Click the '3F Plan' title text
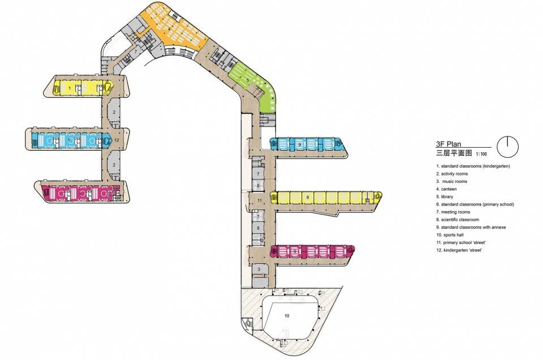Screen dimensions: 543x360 click(449, 144)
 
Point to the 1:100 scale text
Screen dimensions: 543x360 click(481, 154)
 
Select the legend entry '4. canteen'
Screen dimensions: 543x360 click(446, 189)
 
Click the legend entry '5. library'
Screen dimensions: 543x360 click(445, 197)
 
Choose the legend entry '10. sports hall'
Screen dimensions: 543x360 click(450, 235)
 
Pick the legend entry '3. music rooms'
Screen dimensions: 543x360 click(451, 182)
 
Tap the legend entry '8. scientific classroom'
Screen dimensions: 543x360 click(458, 220)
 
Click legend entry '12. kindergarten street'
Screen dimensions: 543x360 click(459, 250)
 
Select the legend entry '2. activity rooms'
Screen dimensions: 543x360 click(452, 174)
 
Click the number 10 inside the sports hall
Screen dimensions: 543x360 click(287, 316)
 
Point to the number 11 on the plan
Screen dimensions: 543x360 click(260, 200)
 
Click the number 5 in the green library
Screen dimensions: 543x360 click(248, 80)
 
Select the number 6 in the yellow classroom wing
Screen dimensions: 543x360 click(308, 198)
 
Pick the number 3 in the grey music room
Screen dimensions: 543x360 click(258, 269)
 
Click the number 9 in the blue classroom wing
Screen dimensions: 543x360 click(300, 144)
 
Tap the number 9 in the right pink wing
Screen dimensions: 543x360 click(295, 251)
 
